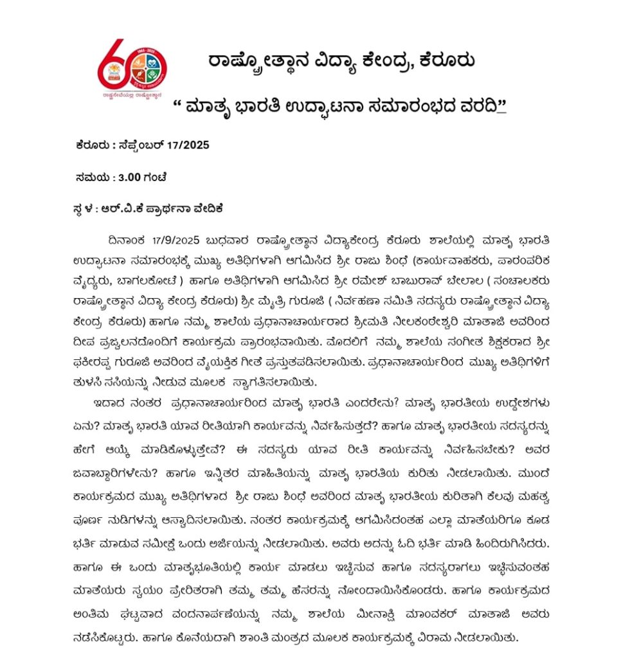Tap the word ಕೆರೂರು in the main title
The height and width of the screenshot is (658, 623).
(447, 62)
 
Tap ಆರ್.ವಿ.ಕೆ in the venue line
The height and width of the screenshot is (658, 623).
(129, 209)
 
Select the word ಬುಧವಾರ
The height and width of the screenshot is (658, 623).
(242, 240)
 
